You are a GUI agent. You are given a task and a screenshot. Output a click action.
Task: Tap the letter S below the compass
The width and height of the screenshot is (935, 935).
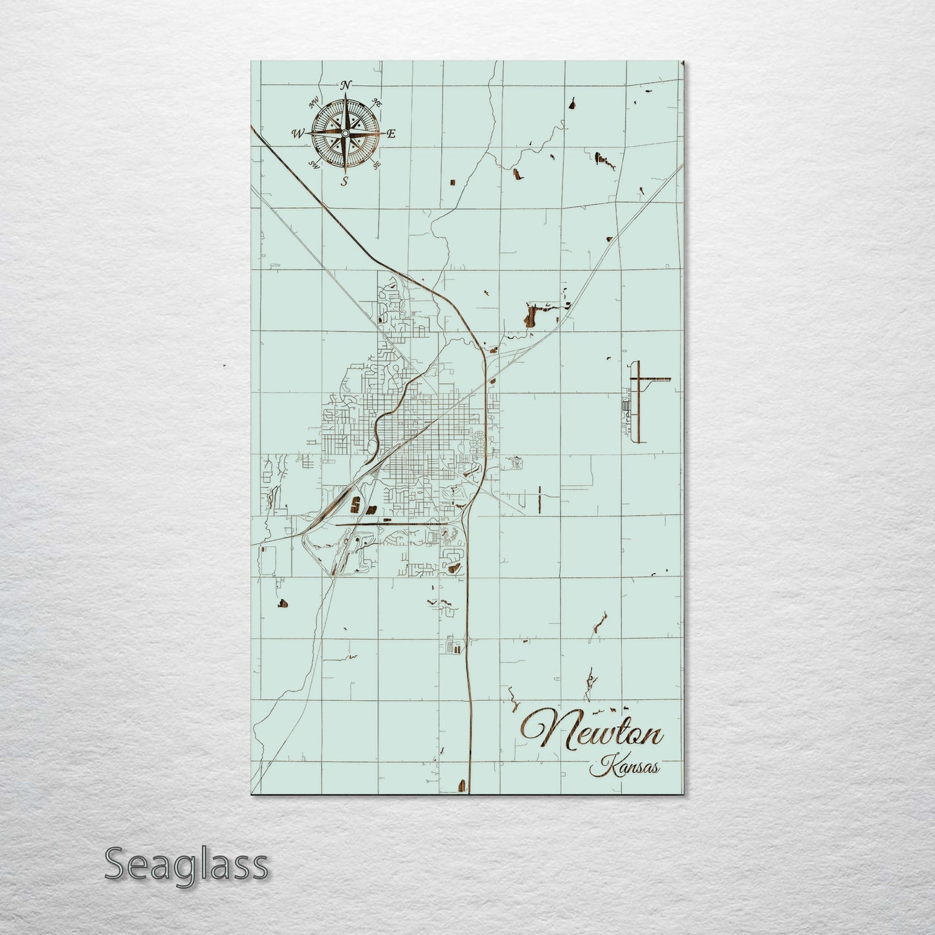click(345, 181)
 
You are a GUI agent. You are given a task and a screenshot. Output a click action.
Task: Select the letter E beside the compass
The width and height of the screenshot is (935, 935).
click(391, 134)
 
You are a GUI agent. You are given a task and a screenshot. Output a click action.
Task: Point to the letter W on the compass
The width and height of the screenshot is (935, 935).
click(298, 134)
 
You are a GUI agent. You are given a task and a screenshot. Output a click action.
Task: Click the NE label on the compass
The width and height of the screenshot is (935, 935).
click(378, 103)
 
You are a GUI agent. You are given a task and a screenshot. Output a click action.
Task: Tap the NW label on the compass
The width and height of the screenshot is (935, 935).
click(314, 102)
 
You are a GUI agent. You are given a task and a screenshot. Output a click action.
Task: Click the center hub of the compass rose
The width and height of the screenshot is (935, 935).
click(346, 133)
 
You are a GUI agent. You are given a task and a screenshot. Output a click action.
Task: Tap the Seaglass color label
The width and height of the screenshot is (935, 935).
click(186, 864)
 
